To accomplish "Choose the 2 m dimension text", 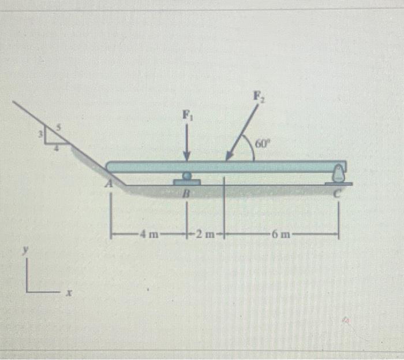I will (x=205, y=233).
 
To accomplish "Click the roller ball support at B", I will (x=186, y=176).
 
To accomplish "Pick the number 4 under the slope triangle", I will (x=56, y=148).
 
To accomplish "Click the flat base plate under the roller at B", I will (x=186, y=182).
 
